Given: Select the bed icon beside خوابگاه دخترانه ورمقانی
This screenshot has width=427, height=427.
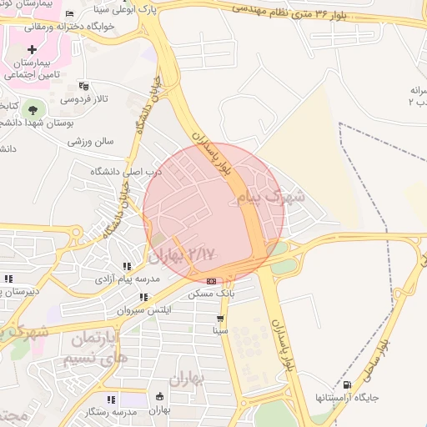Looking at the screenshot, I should (68, 14).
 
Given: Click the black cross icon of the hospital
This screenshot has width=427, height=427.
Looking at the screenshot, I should (33, 50).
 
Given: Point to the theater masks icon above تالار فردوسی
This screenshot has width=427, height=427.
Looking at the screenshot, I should (83, 85).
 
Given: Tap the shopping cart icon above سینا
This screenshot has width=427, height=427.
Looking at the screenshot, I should (220, 319).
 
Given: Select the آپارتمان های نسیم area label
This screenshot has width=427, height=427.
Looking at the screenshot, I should (96, 349).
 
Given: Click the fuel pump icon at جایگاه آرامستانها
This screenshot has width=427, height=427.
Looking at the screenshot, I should (347, 384).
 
